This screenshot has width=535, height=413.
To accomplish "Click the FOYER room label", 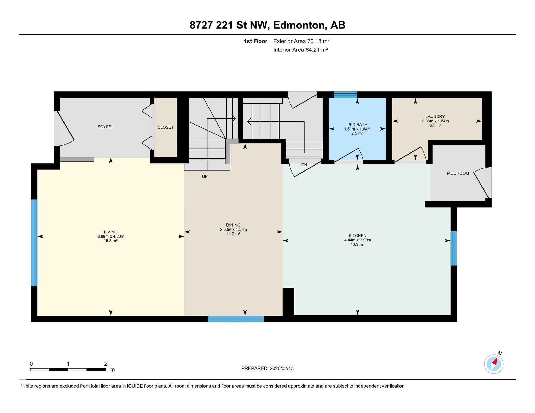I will pyautogui.click(x=104, y=127).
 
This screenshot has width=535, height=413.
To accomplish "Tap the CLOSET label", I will pyautogui.click(x=165, y=127).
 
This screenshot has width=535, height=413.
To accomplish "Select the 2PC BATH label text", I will pyautogui.click(x=357, y=125).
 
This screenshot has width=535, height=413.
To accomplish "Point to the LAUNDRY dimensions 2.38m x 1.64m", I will pyautogui.click(x=435, y=121).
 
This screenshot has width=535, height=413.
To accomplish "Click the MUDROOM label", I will pyautogui.click(x=458, y=173).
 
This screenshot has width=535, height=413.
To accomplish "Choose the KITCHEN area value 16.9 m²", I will pyautogui.click(x=357, y=245).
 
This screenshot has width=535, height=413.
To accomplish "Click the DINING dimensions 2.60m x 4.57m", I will pyautogui.click(x=233, y=229).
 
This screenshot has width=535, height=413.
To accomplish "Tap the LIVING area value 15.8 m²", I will pyautogui.click(x=111, y=241).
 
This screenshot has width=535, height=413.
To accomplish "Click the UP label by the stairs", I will pyautogui.click(x=205, y=176).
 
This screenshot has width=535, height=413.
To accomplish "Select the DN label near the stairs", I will pyautogui.click(x=304, y=165).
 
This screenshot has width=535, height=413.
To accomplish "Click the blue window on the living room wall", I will pyautogui.click(x=34, y=243).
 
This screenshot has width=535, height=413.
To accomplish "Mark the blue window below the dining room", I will pyautogui.click(x=236, y=319).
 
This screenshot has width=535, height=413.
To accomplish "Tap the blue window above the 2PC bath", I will pyautogui.click(x=345, y=95).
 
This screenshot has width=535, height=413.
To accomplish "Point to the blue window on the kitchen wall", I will pyautogui.click(x=454, y=248).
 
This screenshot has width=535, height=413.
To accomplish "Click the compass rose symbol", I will pyautogui.click(x=493, y=364).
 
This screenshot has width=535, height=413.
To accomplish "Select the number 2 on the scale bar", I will pyautogui.click(x=106, y=364).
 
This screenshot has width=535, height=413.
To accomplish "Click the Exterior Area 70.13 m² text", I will pyautogui.click(x=301, y=41).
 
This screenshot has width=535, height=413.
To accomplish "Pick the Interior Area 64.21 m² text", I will pyautogui.click(x=300, y=50).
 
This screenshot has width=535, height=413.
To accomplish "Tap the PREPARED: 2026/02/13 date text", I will pyautogui.click(x=267, y=368).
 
